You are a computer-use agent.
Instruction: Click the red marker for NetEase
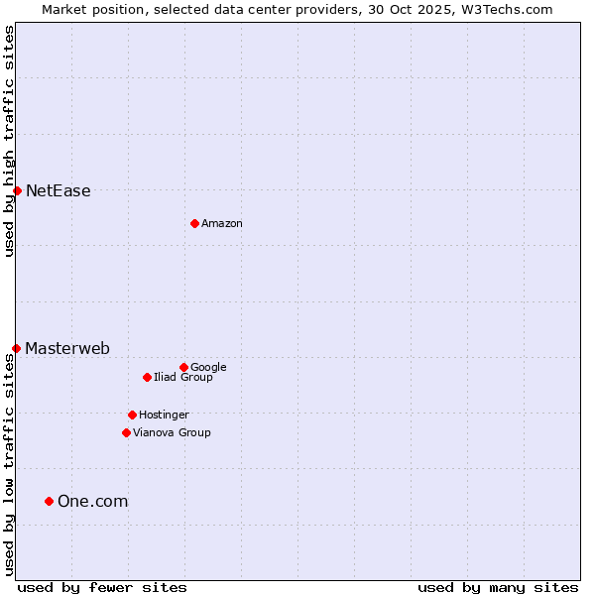pyautogui.click(x=17, y=190)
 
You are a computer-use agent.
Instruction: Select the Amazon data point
pyautogui.click(x=194, y=223)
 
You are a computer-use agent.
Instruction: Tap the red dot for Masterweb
pyautogui.click(x=17, y=348)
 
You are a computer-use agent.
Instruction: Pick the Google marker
pyautogui.click(x=183, y=367)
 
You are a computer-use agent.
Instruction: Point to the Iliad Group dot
pyautogui.click(x=147, y=377)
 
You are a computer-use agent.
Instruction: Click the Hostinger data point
pyautogui.click(x=132, y=415)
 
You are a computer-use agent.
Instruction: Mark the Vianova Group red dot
pyautogui.click(x=126, y=432)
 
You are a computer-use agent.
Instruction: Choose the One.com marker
pyautogui.click(x=49, y=501)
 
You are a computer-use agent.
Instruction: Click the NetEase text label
pyautogui.click(x=58, y=191)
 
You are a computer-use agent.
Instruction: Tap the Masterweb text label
pyautogui.click(x=67, y=348)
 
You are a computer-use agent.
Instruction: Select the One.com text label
pyautogui.click(x=92, y=502)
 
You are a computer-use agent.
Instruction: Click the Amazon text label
pyautogui.click(x=222, y=224)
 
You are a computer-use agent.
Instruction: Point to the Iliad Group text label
pyautogui.click(x=183, y=378)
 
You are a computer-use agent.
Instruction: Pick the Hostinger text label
pyautogui.click(x=164, y=416)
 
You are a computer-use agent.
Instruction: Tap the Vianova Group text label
pyautogui.click(x=172, y=433)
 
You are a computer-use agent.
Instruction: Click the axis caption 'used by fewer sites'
pyautogui.click(x=102, y=587)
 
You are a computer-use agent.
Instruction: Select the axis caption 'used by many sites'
pyautogui.click(x=498, y=587)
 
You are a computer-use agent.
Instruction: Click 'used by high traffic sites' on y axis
pyautogui.click(x=9, y=141)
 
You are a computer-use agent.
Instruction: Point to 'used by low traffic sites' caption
pyautogui.click(x=9, y=464)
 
